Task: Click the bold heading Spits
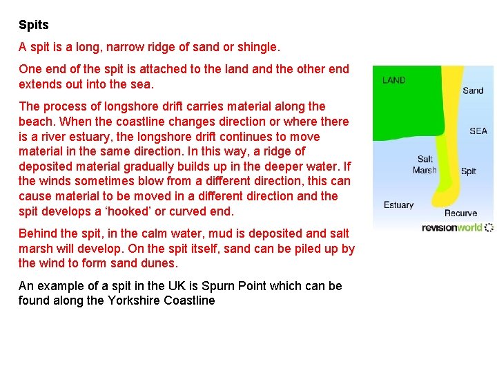[34, 26]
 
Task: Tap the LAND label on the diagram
[394, 80]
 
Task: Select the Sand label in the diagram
[473, 90]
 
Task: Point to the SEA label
[478, 131]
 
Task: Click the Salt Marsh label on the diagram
[425, 165]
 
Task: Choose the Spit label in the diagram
[468, 171]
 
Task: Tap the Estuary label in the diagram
[398, 205]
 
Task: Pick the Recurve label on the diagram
[460, 213]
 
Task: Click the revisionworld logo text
[453, 227]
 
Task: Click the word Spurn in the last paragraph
[233, 286]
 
